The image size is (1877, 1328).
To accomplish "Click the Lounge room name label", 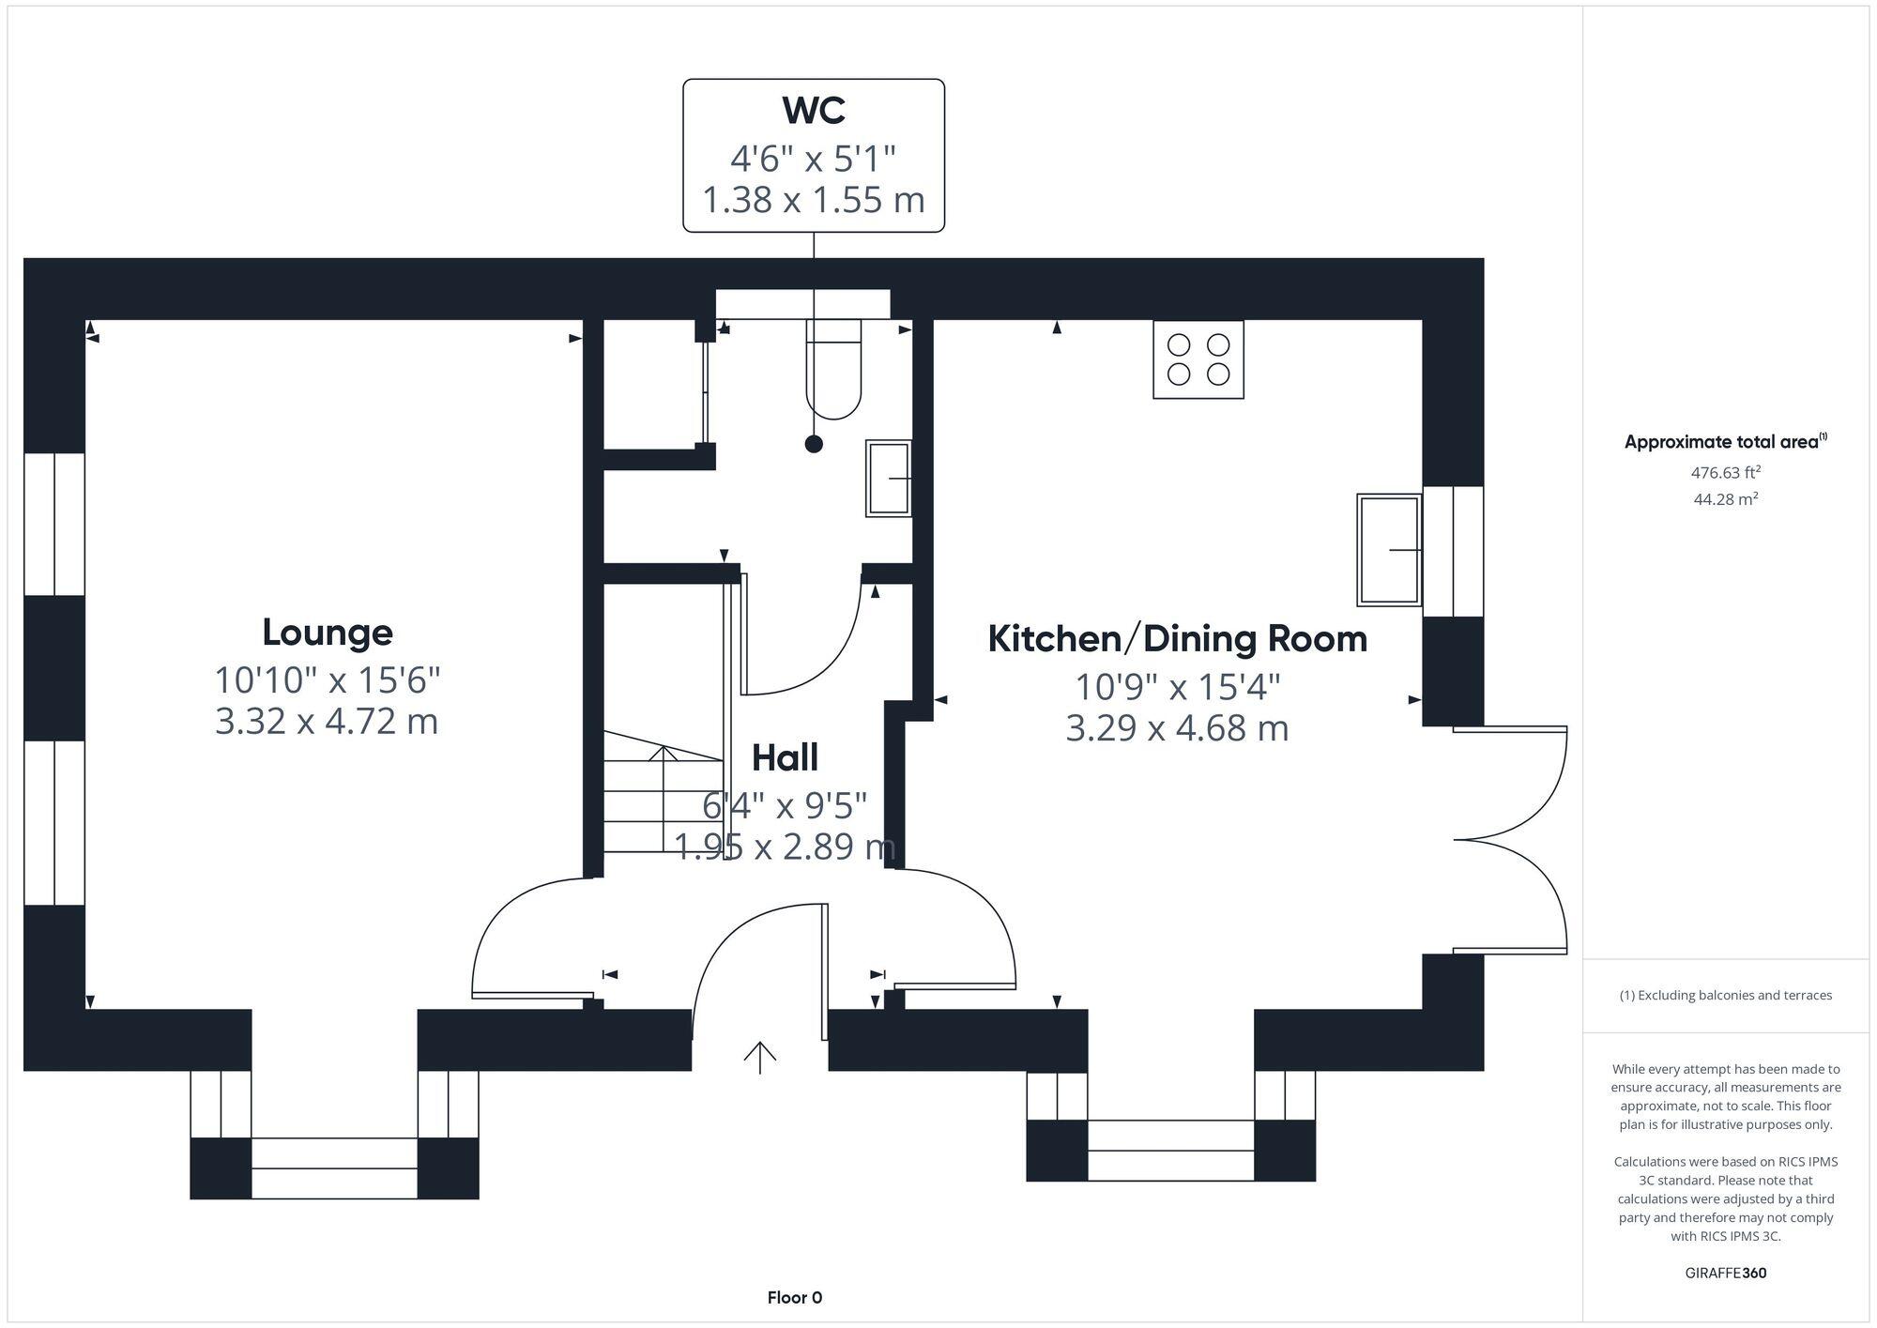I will (327, 633).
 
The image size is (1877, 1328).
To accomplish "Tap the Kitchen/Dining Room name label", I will (1177, 639).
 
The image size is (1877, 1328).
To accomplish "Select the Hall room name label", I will (785, 757).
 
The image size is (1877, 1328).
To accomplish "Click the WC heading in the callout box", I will (814, 111).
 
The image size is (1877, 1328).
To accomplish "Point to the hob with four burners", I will (1198, 359).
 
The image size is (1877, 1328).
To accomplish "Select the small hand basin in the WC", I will (888, 479).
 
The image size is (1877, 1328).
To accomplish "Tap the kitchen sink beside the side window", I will (1389, 550).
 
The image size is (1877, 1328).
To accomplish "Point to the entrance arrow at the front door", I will (759, 1057).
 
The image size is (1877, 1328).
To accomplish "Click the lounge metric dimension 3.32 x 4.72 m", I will (327, 722).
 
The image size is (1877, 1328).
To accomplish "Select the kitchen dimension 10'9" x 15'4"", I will (1177, 688).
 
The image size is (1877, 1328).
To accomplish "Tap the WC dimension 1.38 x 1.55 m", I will (814, 200).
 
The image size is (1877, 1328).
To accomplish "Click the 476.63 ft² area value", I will (1725, 473).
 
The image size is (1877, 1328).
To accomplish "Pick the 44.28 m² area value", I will (1725, 499).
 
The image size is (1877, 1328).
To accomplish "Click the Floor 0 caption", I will (794, 1298).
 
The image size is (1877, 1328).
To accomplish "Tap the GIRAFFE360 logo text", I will (1725, 1274).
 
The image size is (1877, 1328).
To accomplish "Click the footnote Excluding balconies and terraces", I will (1725, 996).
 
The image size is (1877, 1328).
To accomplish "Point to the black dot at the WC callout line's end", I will (814, 445).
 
